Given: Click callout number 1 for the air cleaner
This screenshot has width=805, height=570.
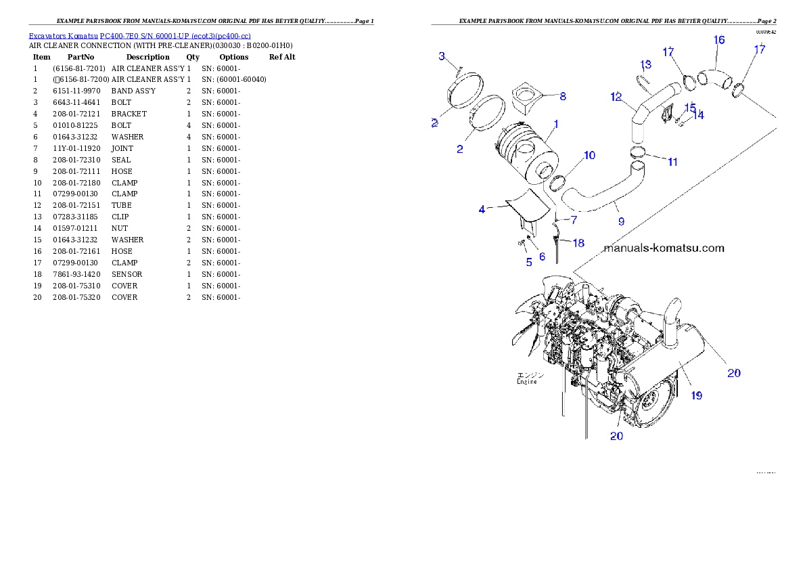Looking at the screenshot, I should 556,125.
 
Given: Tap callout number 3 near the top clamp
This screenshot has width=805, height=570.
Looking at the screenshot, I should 442,56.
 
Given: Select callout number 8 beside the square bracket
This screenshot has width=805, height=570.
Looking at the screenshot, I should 563,96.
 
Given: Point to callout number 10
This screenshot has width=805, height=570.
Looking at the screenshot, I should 590,156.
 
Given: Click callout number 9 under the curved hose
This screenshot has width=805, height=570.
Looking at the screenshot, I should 620,221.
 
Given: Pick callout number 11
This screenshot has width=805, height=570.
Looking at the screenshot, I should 672,162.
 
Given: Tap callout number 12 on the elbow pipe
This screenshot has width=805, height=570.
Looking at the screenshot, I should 616,97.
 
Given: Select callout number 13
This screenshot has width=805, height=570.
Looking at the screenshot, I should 646,64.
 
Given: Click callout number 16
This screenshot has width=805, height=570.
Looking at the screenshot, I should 719,41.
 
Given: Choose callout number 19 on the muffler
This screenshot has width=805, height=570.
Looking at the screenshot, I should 696,395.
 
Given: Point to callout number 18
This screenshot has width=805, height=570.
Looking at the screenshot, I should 578,243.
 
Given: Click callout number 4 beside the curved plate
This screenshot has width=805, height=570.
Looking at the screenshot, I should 482,210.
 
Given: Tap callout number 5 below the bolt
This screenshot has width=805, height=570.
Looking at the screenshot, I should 529,262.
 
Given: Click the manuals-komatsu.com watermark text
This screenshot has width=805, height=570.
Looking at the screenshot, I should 663,248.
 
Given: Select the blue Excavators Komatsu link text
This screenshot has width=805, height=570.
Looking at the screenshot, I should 139,36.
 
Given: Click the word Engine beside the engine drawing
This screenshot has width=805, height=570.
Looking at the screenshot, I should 527,382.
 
